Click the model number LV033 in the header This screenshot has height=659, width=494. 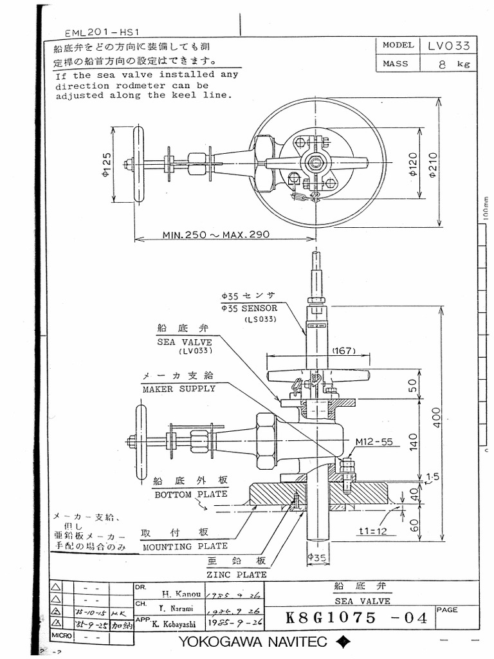448,46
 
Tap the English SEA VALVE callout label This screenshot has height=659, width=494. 185,342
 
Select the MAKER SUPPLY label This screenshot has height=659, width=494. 179,389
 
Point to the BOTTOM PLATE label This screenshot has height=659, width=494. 190,494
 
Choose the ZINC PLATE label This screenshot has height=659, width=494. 236,574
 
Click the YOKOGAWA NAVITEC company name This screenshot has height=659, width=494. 253,642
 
